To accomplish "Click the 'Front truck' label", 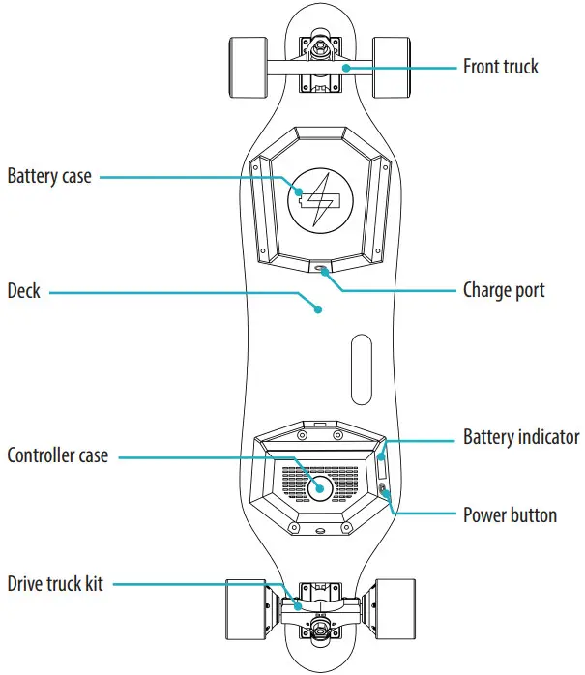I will click(501, 67).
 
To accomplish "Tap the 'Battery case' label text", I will click(49, 177).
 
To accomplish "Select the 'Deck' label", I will click(24, 290).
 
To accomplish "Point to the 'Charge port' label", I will click(504, 289).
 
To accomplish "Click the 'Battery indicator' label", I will click(520, 437).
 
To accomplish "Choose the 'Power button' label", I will click(510, 514).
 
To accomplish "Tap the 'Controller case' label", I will click(58, 455).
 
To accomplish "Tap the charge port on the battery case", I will click(320, 269).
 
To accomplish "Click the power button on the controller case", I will click(386, 493).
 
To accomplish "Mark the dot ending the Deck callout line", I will click(317, 310).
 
